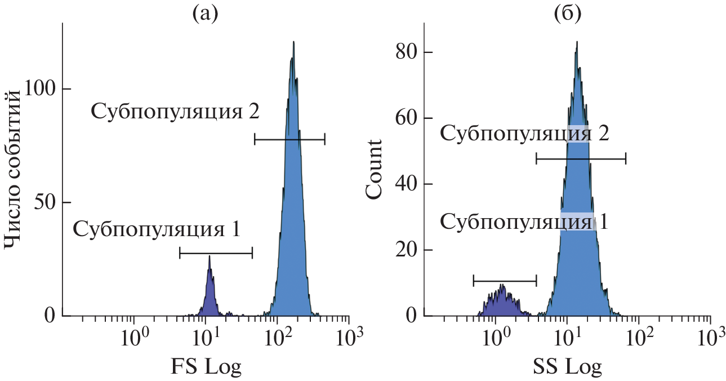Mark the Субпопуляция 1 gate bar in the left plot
pyautogui.click(x=216, y=254)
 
